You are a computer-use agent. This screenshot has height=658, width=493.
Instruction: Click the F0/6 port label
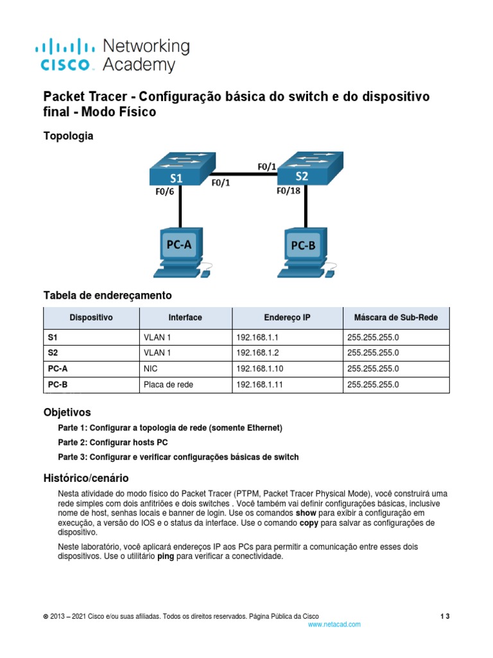pyautogui.click(x=165, y=191)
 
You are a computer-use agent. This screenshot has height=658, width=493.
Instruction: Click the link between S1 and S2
pyautogui.click(x=238, y=173)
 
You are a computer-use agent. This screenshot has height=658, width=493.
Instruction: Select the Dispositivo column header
pyautogui.click(x=91, y=317)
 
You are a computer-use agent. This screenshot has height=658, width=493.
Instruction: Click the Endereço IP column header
pyautogui.click(x=286, y=317)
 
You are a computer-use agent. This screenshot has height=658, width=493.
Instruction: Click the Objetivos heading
pyautogui.click(x=67, y=412)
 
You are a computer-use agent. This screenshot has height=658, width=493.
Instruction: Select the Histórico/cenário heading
pyautogui.click(x=85, y=478)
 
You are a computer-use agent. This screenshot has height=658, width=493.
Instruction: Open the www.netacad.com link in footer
pyautogui.click(x=334, y=624)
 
